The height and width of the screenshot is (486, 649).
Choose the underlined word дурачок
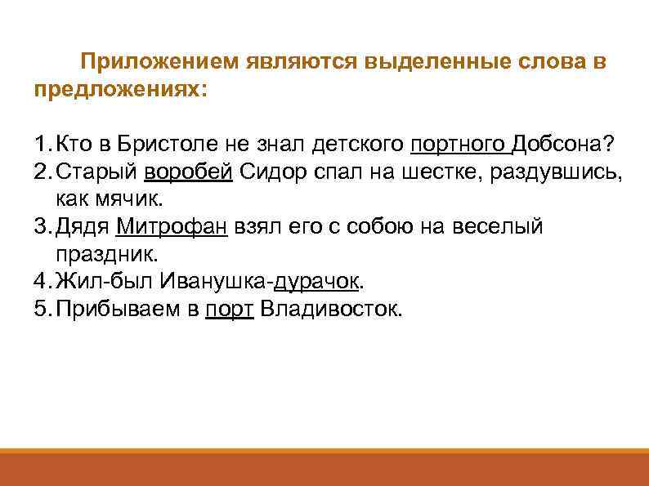point(317,283)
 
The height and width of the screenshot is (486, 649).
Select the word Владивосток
point(329,310)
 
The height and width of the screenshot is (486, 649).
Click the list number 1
point(41,145)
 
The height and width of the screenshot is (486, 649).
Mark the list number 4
point(41,283)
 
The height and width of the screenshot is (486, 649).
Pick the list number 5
point(41,310)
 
